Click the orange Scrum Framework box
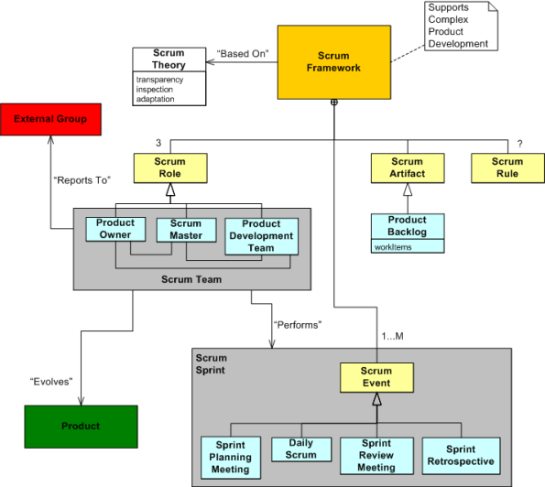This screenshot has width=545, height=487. tap(332, 62)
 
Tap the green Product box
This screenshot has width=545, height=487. tap(81, 426)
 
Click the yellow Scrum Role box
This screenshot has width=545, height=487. tap(169, 168)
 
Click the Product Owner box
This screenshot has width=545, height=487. tap(115, 229)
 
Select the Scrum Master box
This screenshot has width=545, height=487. tap(185, 229)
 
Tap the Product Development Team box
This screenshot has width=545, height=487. tap(261, 235)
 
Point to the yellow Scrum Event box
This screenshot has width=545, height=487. tap(376, 377)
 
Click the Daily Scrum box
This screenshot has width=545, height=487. tap(300, 449)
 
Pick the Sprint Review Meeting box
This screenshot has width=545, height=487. tap(376, 457)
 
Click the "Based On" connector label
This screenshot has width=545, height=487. tap(242, 53)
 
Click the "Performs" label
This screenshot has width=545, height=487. tap(298, 324)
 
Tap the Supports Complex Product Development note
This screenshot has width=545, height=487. tap(458, 26)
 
